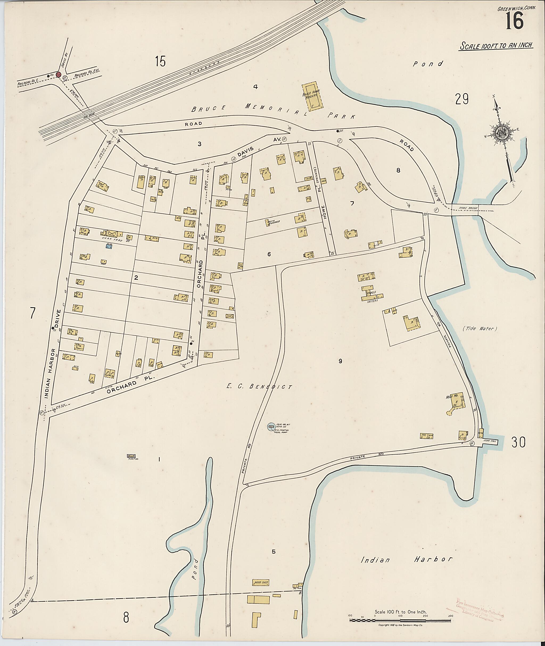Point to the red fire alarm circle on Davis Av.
[x=58, y=75]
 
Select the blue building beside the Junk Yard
[x=109, y=246]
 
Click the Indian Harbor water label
[x=407, y=559]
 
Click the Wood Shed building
[x=261, y=583]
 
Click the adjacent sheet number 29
[x=462, y=99]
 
